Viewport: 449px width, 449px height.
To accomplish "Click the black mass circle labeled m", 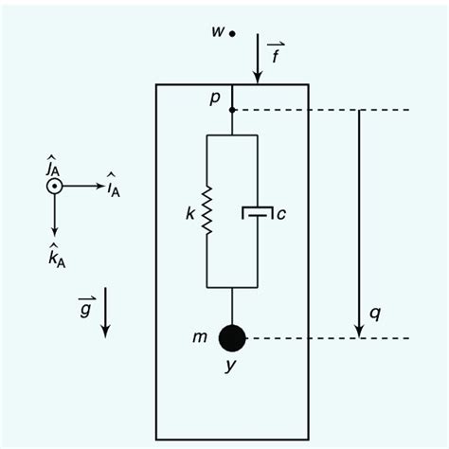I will pos(232,337).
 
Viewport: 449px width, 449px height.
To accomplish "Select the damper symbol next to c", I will pos(258,214).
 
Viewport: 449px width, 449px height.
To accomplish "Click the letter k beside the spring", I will pos(190,216).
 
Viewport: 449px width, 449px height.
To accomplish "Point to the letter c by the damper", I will pos(281,215).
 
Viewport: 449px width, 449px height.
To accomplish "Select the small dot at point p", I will pos(232,110).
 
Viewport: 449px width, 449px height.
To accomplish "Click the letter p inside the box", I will pos(215,99).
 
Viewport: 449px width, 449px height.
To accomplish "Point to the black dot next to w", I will pos(232,33).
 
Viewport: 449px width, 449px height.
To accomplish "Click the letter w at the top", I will pos(217,32).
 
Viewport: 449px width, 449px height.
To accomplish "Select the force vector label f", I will pos(275,53).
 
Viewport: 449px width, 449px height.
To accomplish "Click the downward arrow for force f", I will pos(258,63).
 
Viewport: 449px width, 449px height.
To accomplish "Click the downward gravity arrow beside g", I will pos(106,313).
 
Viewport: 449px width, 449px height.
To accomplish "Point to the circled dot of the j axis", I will pos(55,187).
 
